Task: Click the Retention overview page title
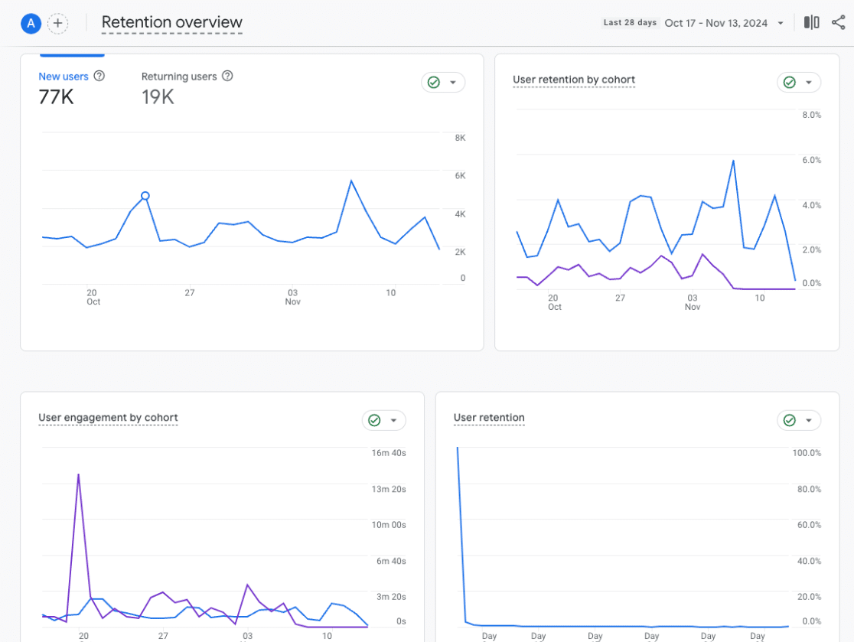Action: click(x=171, y=23)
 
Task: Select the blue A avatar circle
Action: click(x=31, y=24)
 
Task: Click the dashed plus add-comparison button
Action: click(x=58, y=24)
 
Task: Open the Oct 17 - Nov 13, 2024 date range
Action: click(x=715, y=23)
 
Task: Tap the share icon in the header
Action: click(x=838, y=23)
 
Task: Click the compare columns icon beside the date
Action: click(x=811, y=23)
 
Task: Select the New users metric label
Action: click(x=64, y=77)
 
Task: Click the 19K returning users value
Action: click(x=158, y=97)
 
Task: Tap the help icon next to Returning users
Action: click(x=227, y=77)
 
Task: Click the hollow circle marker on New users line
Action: click(x=145, y=196)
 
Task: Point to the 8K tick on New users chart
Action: click(x=460, y=138)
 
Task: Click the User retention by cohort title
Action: click(x=574, y=80)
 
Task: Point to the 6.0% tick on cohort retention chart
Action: click(x=810, y=160)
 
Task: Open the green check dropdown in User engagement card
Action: click(x=383, y=420)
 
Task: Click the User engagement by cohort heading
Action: click(x=108, y=418)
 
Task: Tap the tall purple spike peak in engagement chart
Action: click(x=78, y=474)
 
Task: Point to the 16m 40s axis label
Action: click(x=388, y=453)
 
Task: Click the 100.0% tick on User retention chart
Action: click(x=807, y=453)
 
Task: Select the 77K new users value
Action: click(x=56, y=97)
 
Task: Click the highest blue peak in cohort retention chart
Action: click(x=734, y=161)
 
